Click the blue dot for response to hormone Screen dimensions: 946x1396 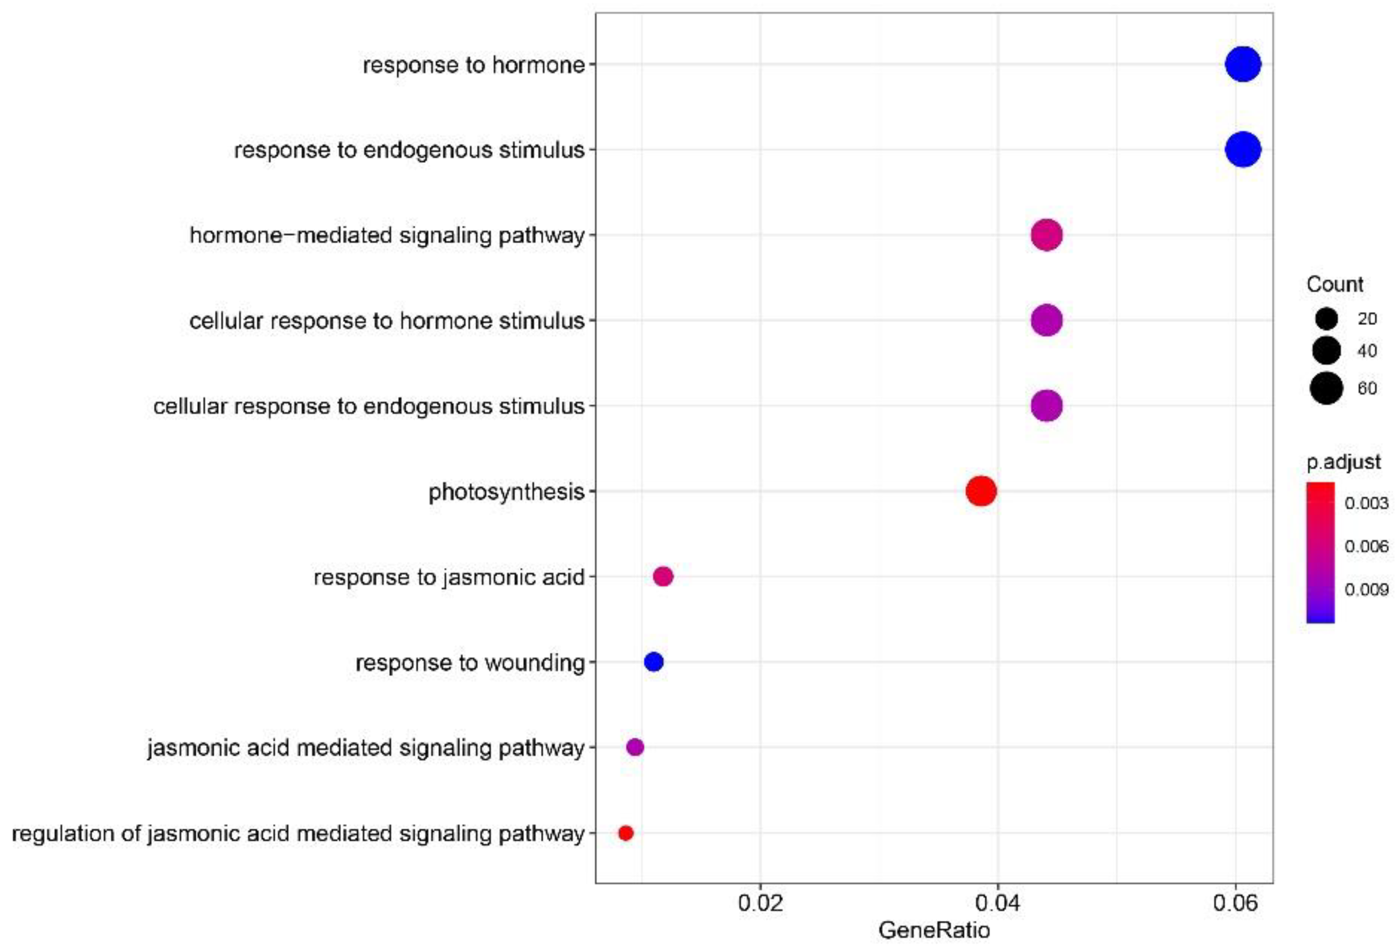pyautogui.click(x=1243, y=64)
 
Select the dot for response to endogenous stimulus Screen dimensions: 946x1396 pyautogui.click(x=1243, y=149)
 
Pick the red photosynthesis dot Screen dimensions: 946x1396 pyautogui.click(x=981, y=491)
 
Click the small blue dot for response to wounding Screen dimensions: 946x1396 pyautogui.click(x=653, y=662)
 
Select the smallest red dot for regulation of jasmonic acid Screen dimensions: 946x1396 pyautogui.click(x=625, y=832)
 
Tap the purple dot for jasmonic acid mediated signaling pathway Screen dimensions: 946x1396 pyautogui.click(x=635, y=747)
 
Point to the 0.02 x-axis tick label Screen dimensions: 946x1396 pyautogui.click(x=760, y=903)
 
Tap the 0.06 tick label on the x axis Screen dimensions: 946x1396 pyautogui.click(x=1235, y=903)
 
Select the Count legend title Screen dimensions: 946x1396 pyautogui.click(x=1334, y=284)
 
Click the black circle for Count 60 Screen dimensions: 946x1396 pyautogui.click(x=1326, y=388)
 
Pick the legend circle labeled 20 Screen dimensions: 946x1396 pyautogui.click(x=1326, y=318)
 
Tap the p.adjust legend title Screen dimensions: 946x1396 pyautogui.click(x=1343, y=462)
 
